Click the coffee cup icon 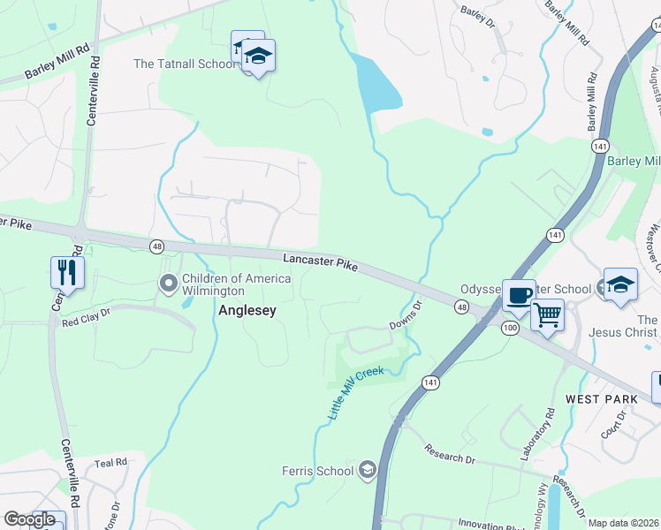point(518,294)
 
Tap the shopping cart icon point(547,314)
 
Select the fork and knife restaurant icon point(67,272)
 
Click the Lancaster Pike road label point(320,260)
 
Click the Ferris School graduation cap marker point(367,471)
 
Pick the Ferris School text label point(317,471)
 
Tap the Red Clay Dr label point(86,318)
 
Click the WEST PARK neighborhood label point(601,399)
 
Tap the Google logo point(29,519)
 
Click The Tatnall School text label point(184,64)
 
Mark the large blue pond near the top point(376,82)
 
